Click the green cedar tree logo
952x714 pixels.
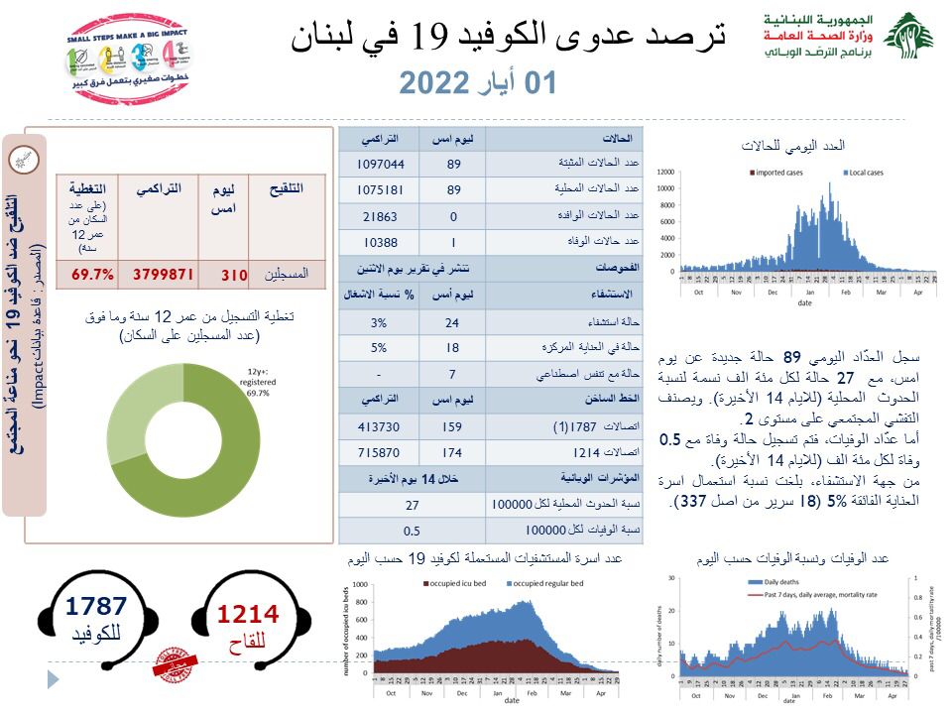908,38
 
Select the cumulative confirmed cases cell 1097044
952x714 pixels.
378,165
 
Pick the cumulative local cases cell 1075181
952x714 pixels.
378,190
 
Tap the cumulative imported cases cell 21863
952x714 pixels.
378,216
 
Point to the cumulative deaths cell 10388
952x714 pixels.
378,242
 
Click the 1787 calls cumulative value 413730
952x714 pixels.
378,427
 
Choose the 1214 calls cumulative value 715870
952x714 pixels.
378,453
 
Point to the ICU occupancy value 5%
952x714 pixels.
378,348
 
